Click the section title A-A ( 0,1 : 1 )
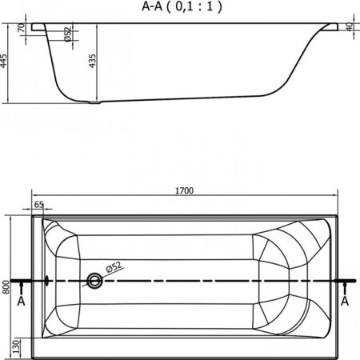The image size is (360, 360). point(182,6)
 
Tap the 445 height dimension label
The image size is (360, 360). point(4,61)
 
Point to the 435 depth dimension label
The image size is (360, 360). point(92,61)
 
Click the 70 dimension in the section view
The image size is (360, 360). point(21,28)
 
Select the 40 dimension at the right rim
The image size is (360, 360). point(349,27)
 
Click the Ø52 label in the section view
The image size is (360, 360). point(68,34)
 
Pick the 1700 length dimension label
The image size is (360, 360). point(184,190)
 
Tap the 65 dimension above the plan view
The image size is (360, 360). point(39,205)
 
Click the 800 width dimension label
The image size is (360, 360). point(6,287)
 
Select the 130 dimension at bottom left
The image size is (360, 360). point(17,346)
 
